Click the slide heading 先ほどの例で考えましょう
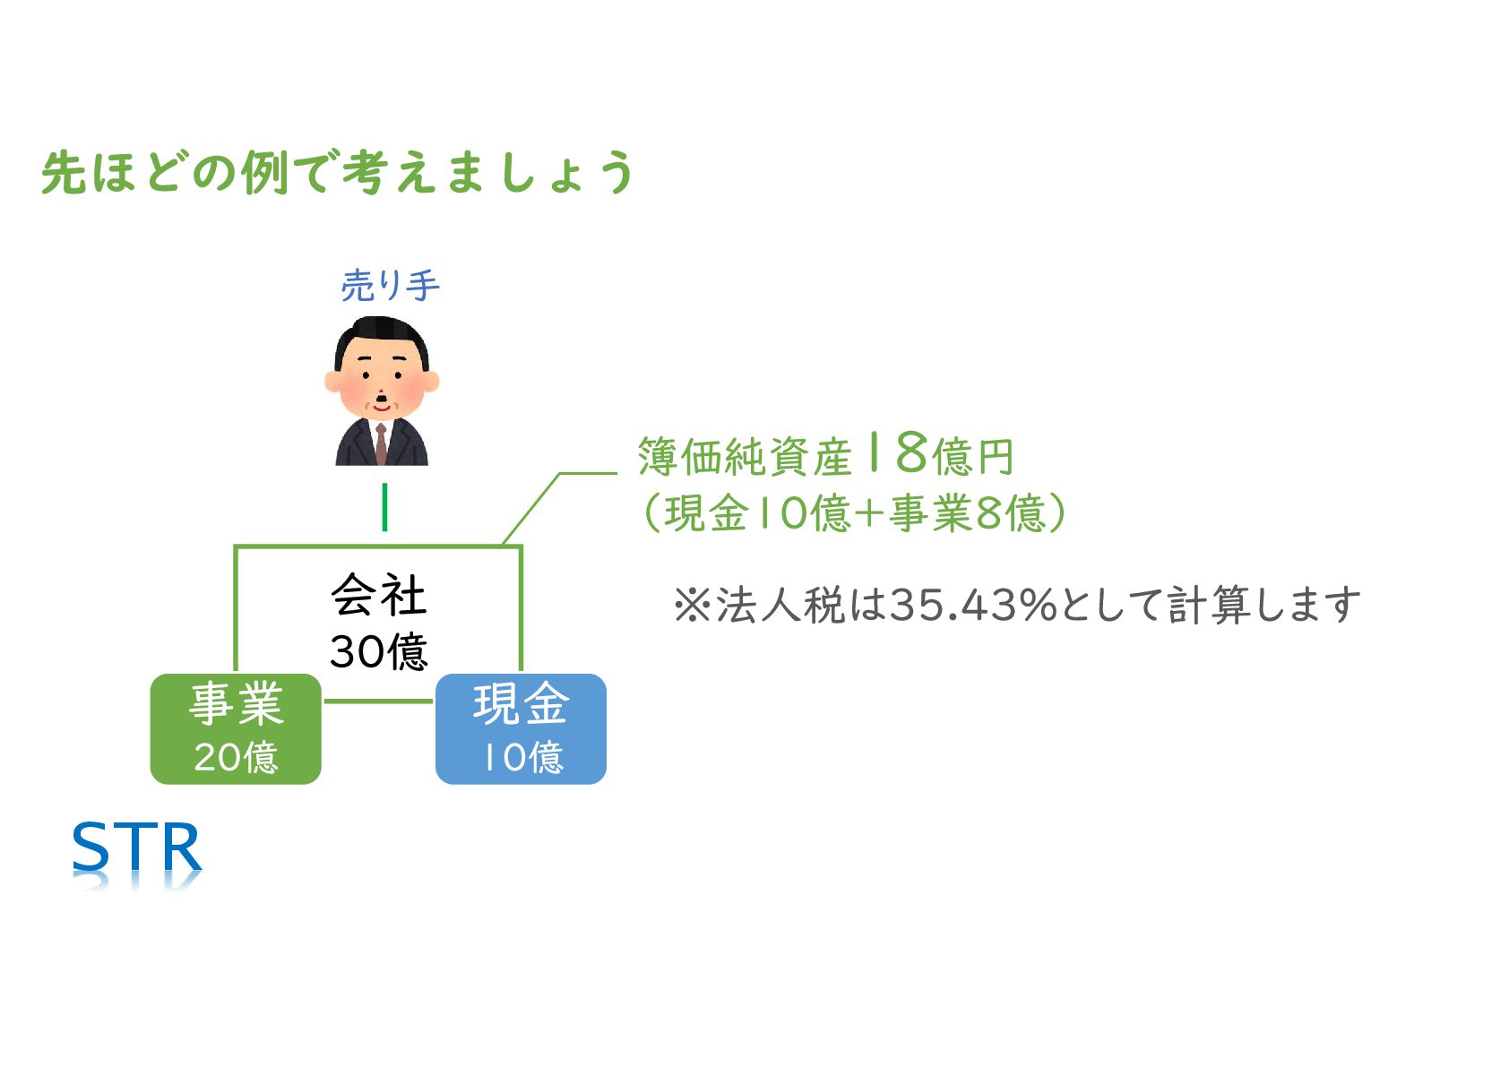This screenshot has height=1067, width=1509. [338, 172]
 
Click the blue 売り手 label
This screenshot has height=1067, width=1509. [390, 286]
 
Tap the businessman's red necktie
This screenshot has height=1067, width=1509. [382, 443]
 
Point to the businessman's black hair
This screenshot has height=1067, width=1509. [382, 339]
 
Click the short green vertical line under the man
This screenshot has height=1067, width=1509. [384, 507]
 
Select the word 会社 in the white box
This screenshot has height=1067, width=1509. [378, 596]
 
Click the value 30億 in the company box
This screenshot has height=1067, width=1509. [378, 651]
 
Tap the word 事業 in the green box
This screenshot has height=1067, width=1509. [236, 704]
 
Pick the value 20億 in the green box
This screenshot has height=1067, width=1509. [236, 758]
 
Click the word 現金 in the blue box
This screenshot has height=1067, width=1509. [521, 704]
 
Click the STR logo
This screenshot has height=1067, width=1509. [136, 848]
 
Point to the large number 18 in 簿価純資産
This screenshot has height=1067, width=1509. [896, 453]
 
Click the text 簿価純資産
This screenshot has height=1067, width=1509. [744, 458]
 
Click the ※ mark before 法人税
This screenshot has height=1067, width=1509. [691, 606]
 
